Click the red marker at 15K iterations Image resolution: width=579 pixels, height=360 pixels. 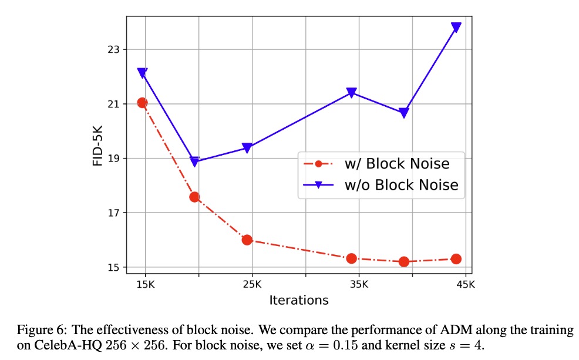pos(142,103)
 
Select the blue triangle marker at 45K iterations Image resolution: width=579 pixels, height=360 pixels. pos(456,28)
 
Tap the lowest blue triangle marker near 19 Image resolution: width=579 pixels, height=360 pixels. pos(194,162)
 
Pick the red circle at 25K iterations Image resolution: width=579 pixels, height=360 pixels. pos(247,240)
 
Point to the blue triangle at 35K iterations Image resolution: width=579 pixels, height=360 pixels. pos(352,92)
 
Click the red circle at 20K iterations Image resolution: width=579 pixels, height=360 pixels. pos(194,197)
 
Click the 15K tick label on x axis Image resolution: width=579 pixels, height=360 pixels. pos(145,284)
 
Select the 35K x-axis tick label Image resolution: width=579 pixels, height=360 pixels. pos(359,284)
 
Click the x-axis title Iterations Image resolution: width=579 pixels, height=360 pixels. pos(298,300)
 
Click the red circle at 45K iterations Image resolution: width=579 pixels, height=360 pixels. pos(456,259)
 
